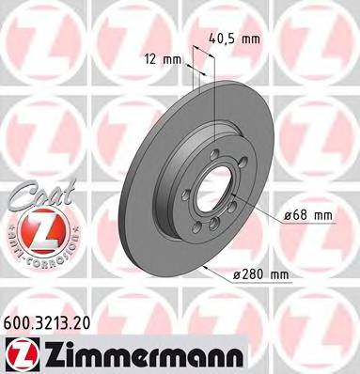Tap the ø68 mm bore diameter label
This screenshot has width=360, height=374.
pos(308,215)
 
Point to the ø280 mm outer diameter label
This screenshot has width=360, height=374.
pos(260,275)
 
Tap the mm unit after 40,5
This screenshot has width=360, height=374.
pos(250,40)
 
